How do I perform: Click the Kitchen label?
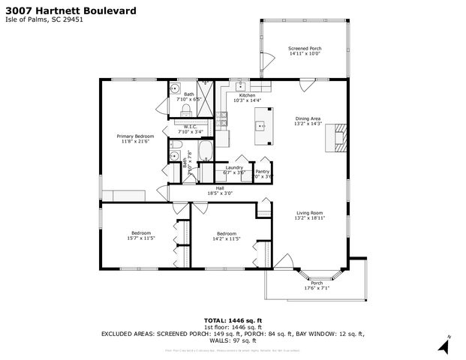pos(248,96)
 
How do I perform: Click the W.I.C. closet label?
pos(191,127)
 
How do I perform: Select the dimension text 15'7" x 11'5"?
pos(140,238)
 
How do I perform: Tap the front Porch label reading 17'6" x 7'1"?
pos(316,287)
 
